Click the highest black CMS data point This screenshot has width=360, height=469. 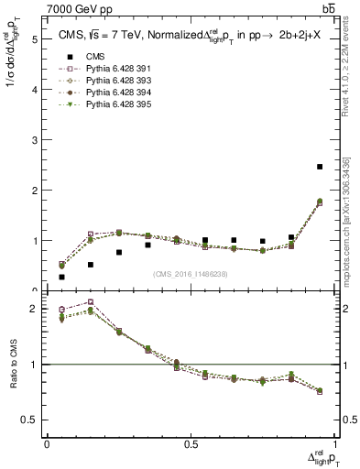pyautogui.click(x=320, y=167)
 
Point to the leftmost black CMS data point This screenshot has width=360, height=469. pyautogui.click(x=61, y=277)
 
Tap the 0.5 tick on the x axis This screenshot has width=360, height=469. pyautogui.click(x=191, y=444)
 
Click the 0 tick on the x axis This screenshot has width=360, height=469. pyautogui.click(x=47, y=444)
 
